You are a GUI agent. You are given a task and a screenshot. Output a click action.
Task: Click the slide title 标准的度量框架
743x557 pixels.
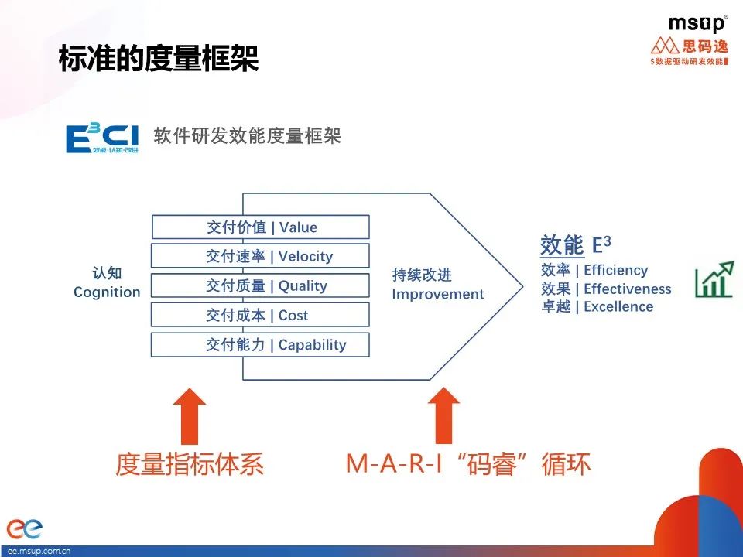coord(159,60)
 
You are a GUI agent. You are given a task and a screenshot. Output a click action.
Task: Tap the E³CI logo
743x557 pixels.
coord(102,136)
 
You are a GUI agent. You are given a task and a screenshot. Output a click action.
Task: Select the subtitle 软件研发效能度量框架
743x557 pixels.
coord(248,135)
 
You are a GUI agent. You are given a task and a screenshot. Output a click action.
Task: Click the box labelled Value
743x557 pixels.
coord(260,227)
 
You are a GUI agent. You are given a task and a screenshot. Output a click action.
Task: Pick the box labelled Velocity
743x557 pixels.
coord(260,256)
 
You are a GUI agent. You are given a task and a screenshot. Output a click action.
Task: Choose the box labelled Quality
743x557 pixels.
coord(260,285)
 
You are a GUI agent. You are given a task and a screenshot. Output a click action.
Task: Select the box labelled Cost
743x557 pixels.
coord(260,315)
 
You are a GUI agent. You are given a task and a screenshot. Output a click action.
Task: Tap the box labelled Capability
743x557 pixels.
coord(260,345)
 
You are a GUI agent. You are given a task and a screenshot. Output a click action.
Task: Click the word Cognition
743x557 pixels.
coord(107,292)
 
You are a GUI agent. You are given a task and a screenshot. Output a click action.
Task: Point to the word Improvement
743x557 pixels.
coord(437,294)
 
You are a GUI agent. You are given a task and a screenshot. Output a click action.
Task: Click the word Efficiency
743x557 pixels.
coord(615,270)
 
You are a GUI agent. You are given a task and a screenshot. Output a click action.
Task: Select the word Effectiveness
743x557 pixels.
coord(627,289)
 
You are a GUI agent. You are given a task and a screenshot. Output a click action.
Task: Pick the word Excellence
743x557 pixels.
coord(618,306)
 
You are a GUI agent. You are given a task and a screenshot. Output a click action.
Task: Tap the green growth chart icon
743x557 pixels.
coord(714,279)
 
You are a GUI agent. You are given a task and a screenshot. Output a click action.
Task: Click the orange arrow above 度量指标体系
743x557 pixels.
coord(190,415)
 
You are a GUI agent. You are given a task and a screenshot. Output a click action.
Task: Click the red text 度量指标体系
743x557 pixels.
coord(190,464)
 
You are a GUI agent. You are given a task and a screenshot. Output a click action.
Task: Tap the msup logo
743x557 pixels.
coord(697,23)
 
